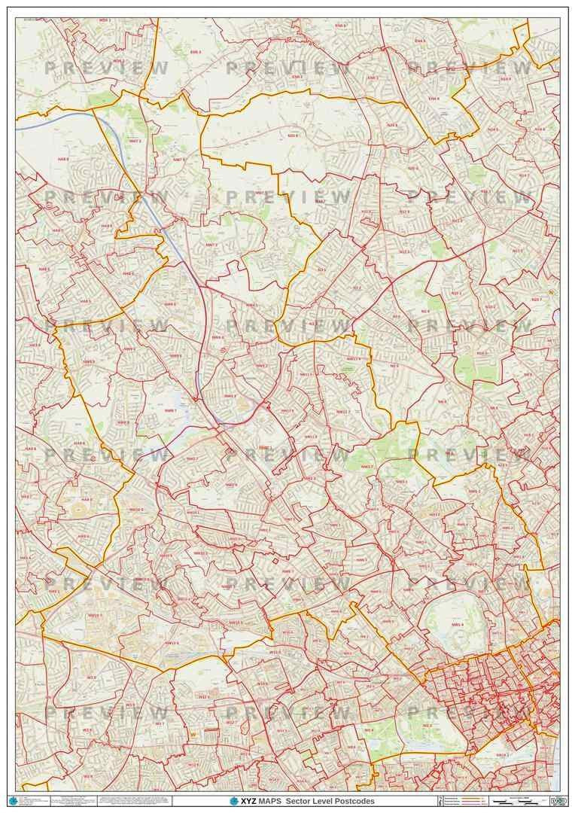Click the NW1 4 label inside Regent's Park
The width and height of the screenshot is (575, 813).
458,625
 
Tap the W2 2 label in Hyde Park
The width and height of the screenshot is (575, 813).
427,726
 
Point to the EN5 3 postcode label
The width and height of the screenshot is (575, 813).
195,52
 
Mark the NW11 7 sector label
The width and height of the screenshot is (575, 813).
343,412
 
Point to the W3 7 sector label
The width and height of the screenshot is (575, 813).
160,723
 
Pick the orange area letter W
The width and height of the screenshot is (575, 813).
193,735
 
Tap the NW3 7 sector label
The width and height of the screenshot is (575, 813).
367,467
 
